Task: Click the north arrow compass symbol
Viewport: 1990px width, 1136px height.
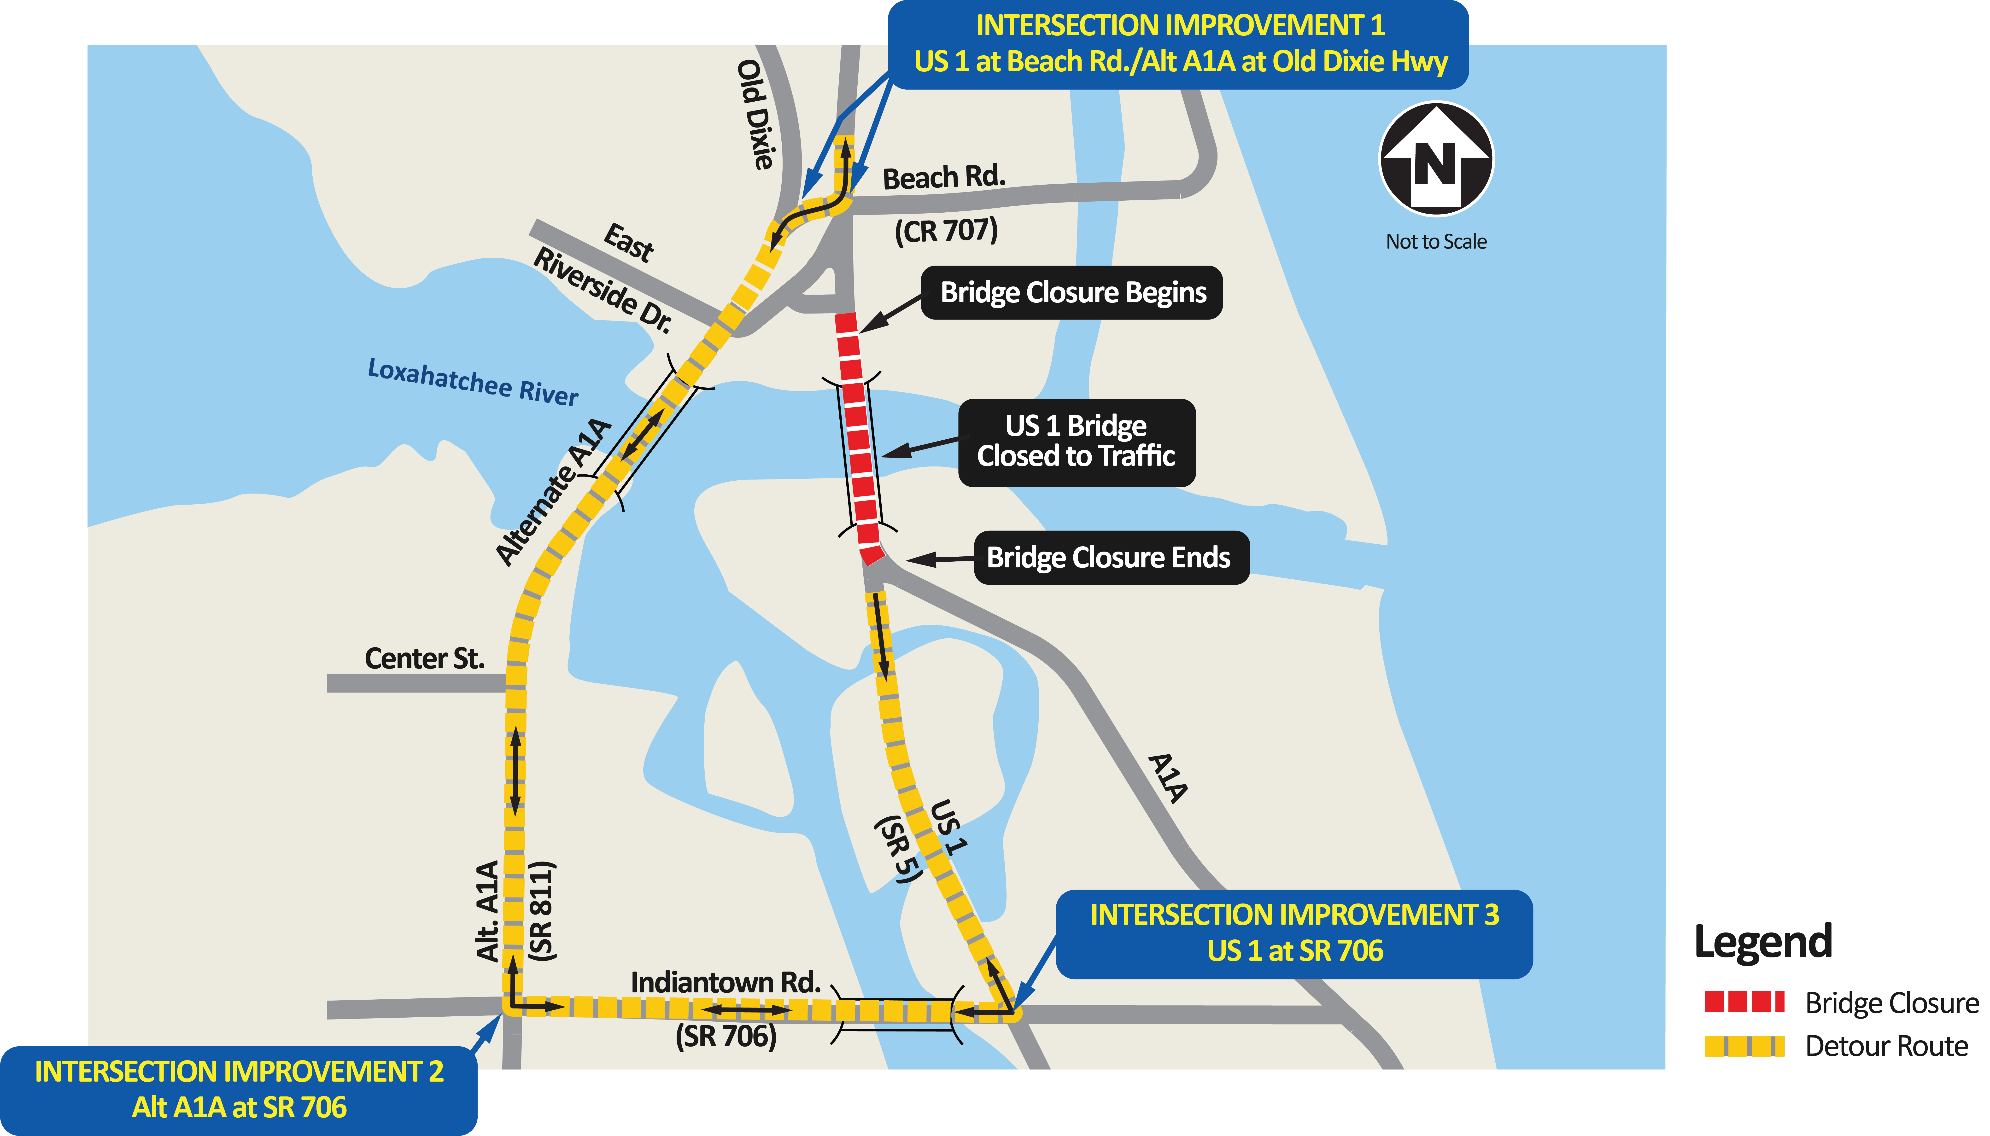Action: click(x=1436, y=160)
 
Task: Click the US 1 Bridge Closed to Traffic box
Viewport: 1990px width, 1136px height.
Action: click(x=1076, y=442)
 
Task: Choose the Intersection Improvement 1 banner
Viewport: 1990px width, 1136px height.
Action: click(x=1178, y=44)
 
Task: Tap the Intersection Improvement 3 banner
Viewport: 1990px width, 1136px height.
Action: click(x=1294, y=933)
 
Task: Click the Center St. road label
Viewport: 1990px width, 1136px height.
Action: click(x=425, y=658)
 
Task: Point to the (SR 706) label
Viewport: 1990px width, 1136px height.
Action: click(x=726, y=1036)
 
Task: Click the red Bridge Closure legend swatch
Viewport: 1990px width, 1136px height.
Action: click(x=1743, y=1002)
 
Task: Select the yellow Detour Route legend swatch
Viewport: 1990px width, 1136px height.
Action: click(x=1743, y=1045)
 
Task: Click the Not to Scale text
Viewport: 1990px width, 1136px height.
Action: click(x=1436, y=242)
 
